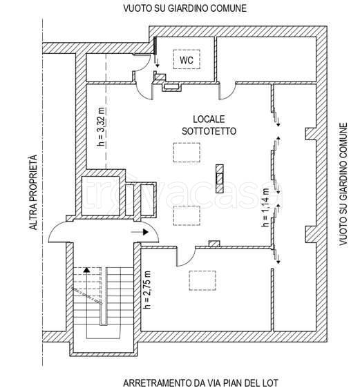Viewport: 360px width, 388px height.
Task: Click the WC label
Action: click(x=187, y=59)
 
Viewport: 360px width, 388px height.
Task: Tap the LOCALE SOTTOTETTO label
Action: click(x=209, y=125)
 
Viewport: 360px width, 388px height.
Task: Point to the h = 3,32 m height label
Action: click(x=102, y=127)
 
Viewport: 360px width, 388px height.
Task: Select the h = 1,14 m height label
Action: click(x=265, y=207)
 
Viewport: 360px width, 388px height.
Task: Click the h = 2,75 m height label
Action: click(x=148, y=290)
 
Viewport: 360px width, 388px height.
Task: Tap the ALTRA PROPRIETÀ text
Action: click(x=33, y=192)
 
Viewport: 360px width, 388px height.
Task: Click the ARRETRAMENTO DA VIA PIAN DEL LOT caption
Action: click(x=200, y=382)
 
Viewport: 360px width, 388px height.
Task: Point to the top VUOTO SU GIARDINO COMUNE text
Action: click(x=185, y=8)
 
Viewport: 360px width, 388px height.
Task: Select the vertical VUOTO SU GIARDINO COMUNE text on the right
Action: click(x=343, y=184)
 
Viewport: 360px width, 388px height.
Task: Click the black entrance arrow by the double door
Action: click(x=140, y=232)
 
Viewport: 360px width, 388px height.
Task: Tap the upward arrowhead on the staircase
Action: click(x=86, y=270)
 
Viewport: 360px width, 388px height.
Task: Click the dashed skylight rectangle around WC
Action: click(x=187, y=59)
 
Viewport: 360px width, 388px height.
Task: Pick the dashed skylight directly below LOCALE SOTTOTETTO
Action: click(x=187, y=153)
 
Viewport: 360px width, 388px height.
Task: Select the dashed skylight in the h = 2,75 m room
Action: click(x=202, y=280)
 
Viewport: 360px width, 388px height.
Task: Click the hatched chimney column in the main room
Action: click(x=219, y=178)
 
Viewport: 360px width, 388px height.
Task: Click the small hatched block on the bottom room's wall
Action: click(x=214, y=244)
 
